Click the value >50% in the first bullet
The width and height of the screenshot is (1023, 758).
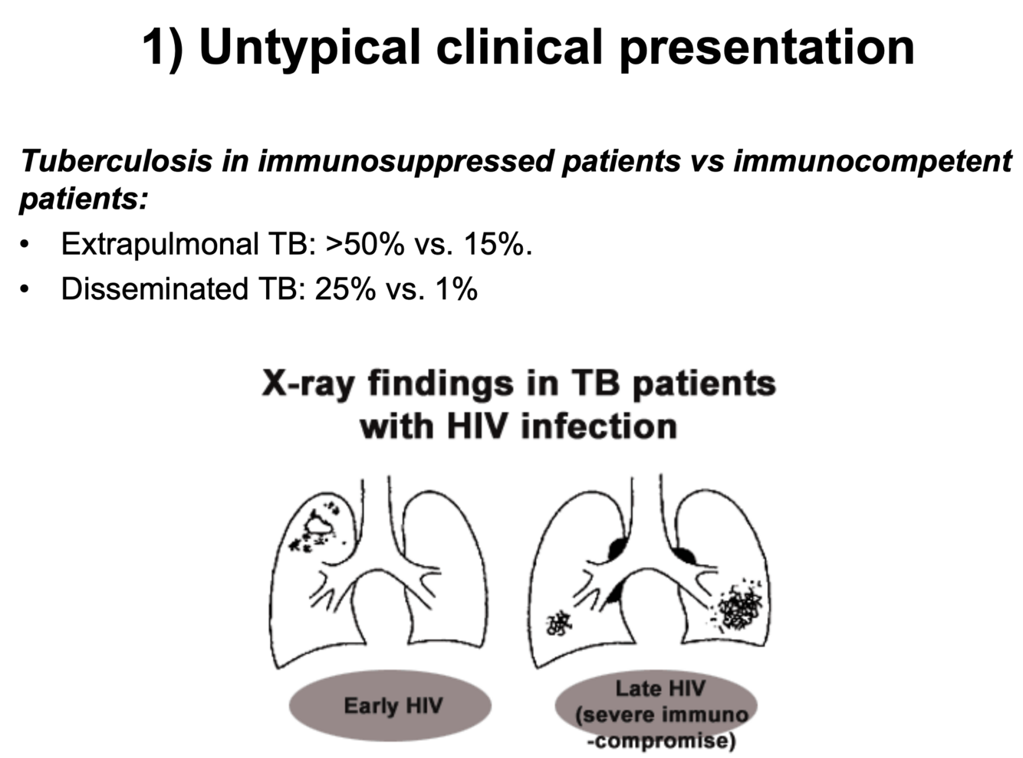(364, 244)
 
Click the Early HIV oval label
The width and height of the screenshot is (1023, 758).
(392, 706)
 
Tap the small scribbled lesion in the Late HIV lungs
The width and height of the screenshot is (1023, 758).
(559, 623)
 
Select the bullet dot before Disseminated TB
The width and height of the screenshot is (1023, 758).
(27, 290)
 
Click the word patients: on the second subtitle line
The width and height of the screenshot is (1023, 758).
(83, 199)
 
